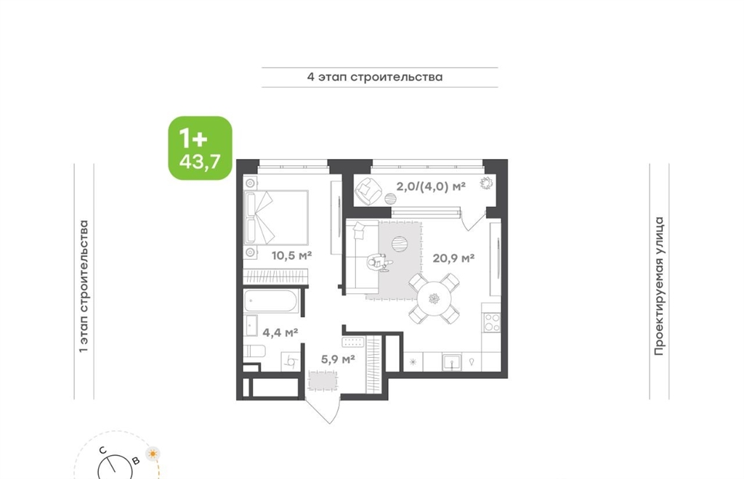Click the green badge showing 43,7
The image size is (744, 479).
(x=201, y=148)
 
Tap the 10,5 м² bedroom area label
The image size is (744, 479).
(x=291, y=256)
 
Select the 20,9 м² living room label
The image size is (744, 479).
(x=453, y=258)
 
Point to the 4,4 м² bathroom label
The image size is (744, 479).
(x=280, y=332)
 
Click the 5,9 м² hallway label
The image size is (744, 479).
(x=338, y=359)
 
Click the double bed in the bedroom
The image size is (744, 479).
(x=276, y=218)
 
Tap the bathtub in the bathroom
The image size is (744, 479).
(x=270, y=301)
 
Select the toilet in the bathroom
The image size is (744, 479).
(x=254, y=351)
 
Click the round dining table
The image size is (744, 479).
(x=434, y=299)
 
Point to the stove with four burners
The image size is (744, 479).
(x=491, y=322)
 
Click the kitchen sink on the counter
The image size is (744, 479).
(x=452, y=362)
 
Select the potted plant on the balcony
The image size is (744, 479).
(x=486, y=183)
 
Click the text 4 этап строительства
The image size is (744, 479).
(x=375, y=77)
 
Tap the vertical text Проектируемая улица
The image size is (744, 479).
(x=658, y=286)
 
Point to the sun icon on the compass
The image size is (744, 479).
(x=153, y=454)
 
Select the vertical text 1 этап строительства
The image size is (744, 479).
(x=84, y=286)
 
